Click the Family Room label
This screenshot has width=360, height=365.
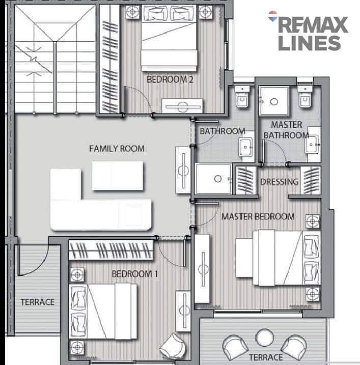117,149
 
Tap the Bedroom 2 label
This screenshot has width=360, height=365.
170,79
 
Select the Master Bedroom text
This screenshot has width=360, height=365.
258,216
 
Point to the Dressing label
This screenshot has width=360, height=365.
279,182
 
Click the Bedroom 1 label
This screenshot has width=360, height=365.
135,274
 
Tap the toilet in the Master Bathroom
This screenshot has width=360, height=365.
304,97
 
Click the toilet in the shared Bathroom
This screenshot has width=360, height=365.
242,97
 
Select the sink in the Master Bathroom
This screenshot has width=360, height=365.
312,145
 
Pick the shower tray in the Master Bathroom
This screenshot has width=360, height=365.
274,101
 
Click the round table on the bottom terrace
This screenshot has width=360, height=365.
265,338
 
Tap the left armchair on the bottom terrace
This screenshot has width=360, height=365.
235,347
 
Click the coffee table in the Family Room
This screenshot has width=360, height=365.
118,176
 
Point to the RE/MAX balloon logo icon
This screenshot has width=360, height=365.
273,16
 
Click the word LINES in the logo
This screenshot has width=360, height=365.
310,43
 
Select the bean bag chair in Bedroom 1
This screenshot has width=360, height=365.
173,345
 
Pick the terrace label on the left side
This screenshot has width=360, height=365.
38,302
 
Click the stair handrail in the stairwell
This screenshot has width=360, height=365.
55,78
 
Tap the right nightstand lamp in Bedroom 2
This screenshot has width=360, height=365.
205,12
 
